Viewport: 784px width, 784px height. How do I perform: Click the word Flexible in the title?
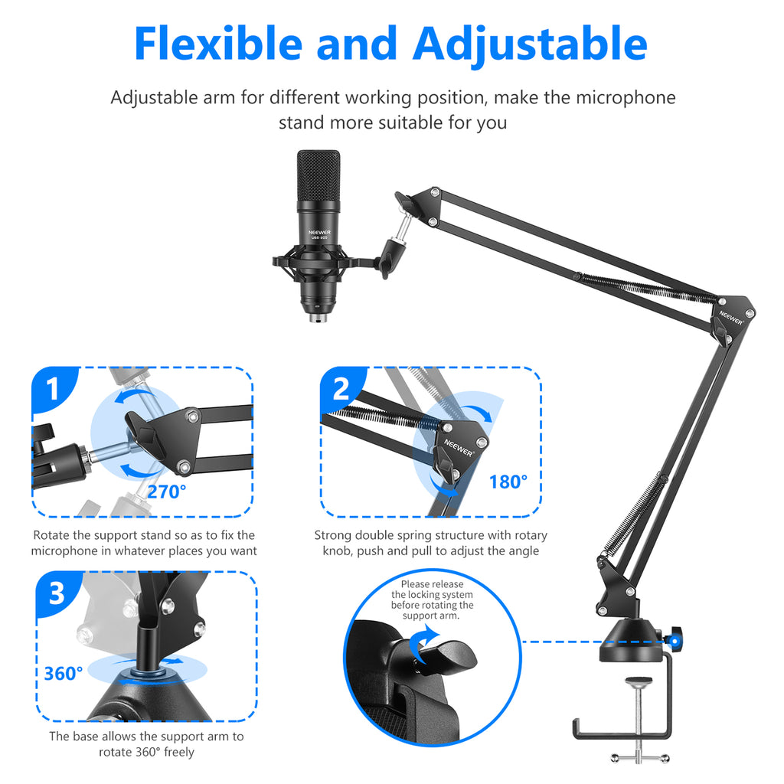point(218,44)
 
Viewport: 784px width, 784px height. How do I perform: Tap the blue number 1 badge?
point(53,389)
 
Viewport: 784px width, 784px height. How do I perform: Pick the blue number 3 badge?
point(57,593)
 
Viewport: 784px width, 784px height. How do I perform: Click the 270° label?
point(166,492)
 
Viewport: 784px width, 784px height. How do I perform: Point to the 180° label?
point(508,482)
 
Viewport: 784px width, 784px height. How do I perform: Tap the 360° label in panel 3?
point(64,674)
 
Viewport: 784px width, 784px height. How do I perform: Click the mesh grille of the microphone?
point(318,175)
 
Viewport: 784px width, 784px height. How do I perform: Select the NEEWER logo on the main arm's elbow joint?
point(730,318)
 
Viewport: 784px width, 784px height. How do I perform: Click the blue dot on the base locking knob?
point(675,641)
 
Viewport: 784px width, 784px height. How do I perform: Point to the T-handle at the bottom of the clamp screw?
point(639,758)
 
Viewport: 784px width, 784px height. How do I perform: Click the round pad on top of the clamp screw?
point(639,681)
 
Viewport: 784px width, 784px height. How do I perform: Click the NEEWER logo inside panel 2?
point(458,447)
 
